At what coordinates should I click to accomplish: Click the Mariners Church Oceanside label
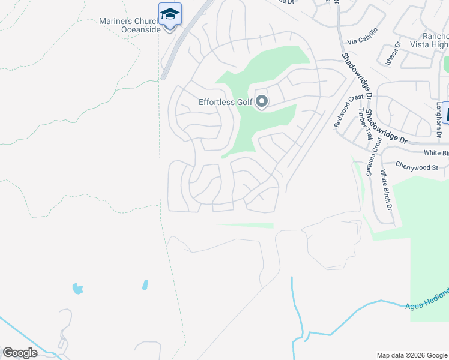129,25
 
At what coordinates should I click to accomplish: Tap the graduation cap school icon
170,14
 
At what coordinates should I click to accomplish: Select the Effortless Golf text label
225,102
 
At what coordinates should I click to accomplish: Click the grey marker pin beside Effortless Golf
262,102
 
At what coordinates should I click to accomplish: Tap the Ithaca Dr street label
392,53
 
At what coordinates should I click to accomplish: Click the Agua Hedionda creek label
427,298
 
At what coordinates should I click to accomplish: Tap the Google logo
20,353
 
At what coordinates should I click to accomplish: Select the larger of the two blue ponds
77,289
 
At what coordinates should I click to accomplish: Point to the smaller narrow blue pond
145,284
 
